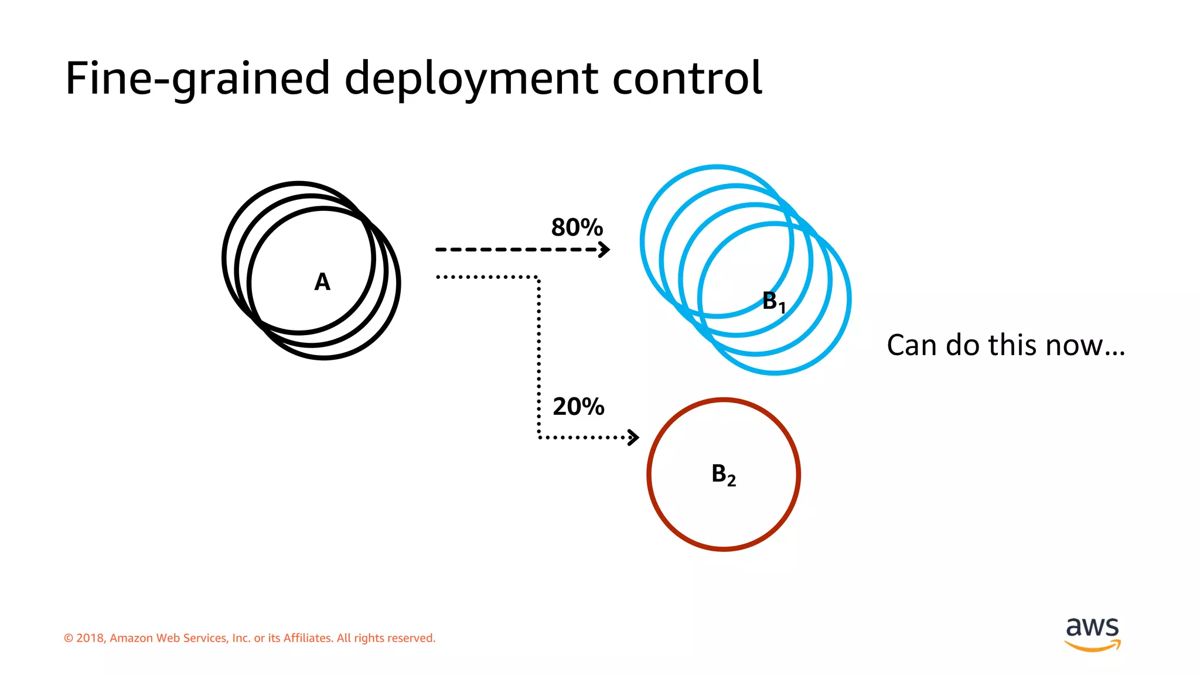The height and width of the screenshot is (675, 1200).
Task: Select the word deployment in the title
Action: [x=471, y=79]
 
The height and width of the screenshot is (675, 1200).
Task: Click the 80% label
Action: [x=577, y=227]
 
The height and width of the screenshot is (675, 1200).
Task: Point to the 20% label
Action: [x=578, y=407]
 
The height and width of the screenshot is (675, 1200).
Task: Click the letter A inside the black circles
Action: [x=322, y=282]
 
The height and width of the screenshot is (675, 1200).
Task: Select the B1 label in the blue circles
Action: [x=773, y=302]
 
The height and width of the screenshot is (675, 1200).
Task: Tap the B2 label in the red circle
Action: [x=723, y=475]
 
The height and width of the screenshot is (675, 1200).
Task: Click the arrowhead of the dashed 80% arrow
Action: [x=605, y=250]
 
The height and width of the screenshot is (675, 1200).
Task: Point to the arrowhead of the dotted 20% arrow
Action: [x=633, y=437]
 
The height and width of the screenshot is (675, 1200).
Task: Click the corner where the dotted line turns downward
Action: [x=538, y=277]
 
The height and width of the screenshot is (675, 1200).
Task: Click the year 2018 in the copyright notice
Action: [x=90, y=638]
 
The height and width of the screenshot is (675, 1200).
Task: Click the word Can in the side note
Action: [x=913, y=345]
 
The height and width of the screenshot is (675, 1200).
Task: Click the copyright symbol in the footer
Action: [x=69, y=638]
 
